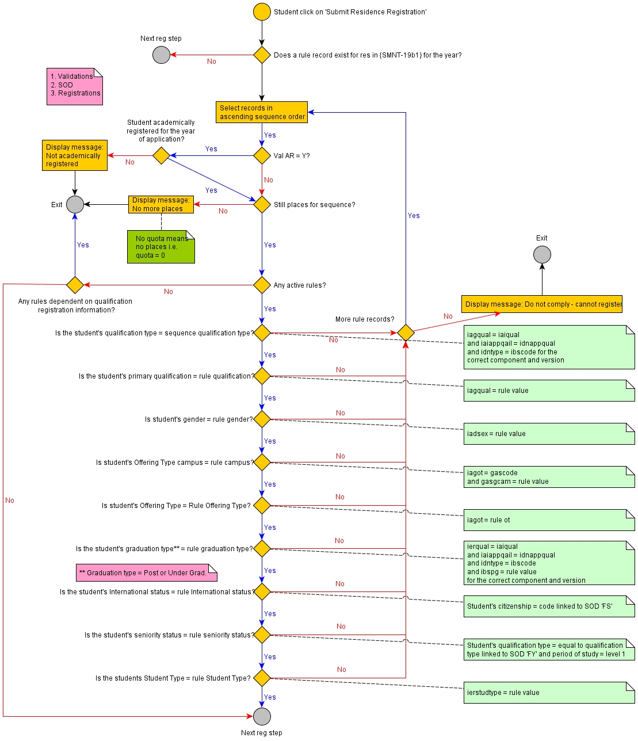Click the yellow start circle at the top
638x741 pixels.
point(262,12)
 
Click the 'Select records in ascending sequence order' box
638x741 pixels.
point(262,112)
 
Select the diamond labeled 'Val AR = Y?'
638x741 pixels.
point(262,155)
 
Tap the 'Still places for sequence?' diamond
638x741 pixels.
point(262,204)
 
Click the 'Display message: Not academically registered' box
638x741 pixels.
point(75,155)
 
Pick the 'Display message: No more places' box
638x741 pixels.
point(161,204)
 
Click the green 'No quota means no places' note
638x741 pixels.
point(161,247)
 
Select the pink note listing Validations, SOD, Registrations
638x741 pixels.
point(75,86)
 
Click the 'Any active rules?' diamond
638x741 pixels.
point(262,285)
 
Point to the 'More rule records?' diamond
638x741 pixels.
point(406,333)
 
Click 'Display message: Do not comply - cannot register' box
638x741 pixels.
point(542,304)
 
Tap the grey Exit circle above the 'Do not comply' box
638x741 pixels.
point(542,254)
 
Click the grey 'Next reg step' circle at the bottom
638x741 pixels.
point(262,716)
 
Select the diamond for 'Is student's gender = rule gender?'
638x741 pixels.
point(262,419)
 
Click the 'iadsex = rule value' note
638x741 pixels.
point(549,434)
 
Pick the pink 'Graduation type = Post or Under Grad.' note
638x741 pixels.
point(146,572)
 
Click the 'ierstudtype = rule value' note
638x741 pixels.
point(549,693)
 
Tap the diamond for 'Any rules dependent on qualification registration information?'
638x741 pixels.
point(75,285)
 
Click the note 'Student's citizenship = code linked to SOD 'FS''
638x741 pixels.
point(549,606)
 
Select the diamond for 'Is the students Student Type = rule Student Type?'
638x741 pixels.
point(262,678)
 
